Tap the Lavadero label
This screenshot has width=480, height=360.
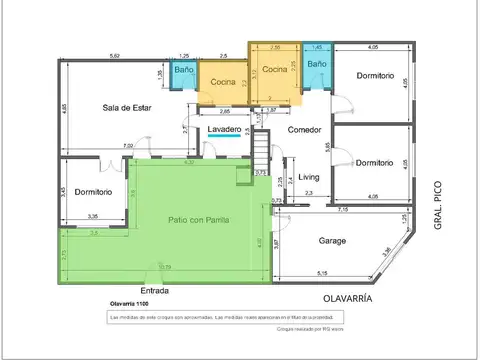click(x=224, y=130)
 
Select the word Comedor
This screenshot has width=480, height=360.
click(x=303, y=130)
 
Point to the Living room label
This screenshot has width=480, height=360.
click(x=308, y=177)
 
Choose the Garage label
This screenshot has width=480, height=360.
click(x=332, y=241)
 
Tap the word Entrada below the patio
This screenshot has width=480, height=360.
click(x=154, y=292)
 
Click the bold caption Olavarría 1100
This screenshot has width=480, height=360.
click(x=135, y=303)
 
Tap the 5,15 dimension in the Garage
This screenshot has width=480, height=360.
click(x=321, y=273)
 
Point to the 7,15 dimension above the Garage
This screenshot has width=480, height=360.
click(x=343, y=210)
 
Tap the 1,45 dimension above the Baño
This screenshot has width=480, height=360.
click(x=317, y=47)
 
